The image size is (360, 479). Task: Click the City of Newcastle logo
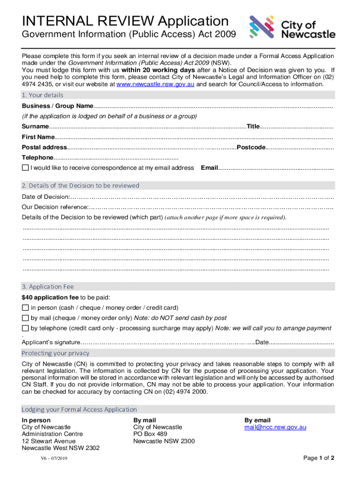292,27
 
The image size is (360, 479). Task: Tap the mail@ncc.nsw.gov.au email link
275,427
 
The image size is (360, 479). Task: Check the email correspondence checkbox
25,168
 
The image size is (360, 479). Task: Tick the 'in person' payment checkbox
25,308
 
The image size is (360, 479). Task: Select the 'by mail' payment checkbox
25,318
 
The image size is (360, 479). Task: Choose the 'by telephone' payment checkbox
25,328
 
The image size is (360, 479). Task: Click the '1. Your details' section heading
43,95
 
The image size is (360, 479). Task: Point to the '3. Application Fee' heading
48,286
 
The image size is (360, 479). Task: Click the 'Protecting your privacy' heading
55,353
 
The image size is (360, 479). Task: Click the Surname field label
35,127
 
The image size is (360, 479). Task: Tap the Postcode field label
251,147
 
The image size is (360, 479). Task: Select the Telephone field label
37,158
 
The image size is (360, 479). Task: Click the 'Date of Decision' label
46,197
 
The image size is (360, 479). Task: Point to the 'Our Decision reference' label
55,207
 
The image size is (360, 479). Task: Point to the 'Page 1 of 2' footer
318,457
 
